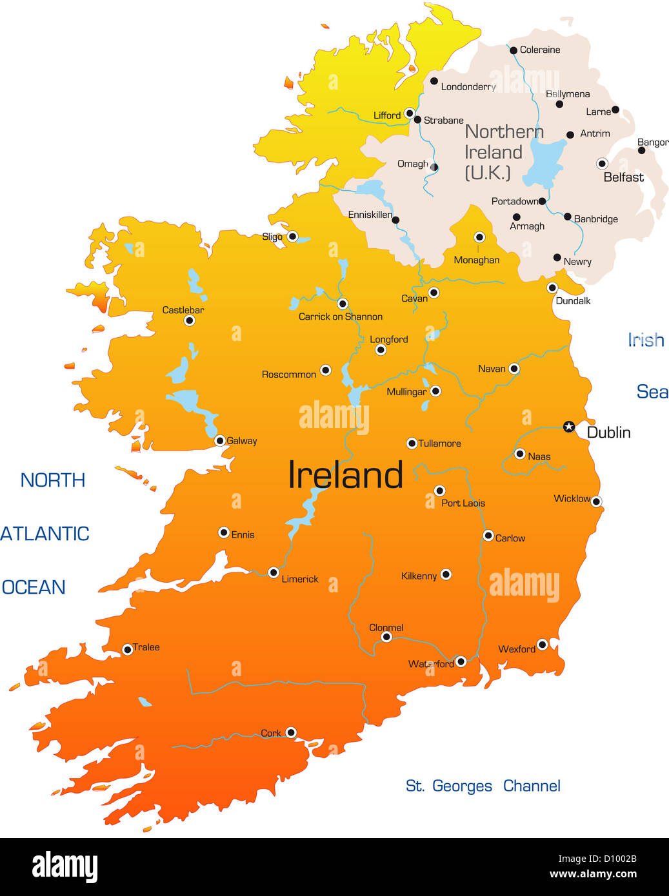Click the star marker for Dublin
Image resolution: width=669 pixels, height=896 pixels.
pos(568,426)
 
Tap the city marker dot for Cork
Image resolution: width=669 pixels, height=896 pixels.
pos(291,732)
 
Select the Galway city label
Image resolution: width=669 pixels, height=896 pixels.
pos(242,441)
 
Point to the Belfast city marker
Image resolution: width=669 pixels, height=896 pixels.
pos(602,163)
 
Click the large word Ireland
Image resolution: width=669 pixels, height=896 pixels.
pos(345,475)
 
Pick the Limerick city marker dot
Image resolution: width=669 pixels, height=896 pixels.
pos(274,572)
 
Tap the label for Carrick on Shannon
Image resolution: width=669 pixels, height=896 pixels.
pos(340,317)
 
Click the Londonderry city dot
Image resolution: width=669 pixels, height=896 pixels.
pos(434,81)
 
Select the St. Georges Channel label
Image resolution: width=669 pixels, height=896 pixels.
pos(483,786)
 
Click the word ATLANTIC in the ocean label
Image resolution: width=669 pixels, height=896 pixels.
pos(45,534)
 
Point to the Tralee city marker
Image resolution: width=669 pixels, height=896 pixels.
pos(128,649)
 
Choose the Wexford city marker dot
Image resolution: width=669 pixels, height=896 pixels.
pos(543,645)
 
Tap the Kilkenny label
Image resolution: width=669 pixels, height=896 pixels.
pos(419,576)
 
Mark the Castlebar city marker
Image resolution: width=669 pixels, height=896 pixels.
pos(189,320)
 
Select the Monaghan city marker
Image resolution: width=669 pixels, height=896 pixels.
pos(479,237)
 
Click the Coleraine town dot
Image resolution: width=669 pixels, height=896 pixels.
pos(514,50)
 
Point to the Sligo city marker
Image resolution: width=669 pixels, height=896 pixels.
pos(292,237)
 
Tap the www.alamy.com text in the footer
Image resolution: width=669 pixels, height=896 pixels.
pos(593,874)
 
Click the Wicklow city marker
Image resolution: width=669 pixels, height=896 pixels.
pos(596,502)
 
